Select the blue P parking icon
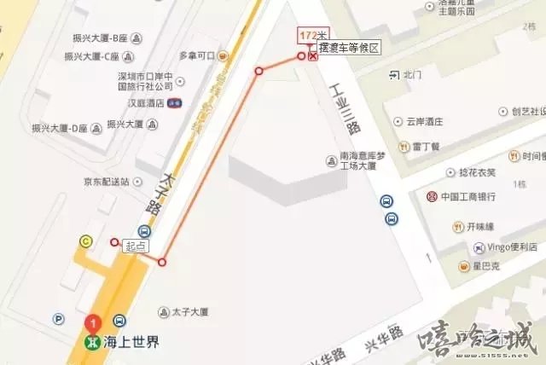point(59,320)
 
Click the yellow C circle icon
point(85,241)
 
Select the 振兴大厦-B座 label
point(96,38)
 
